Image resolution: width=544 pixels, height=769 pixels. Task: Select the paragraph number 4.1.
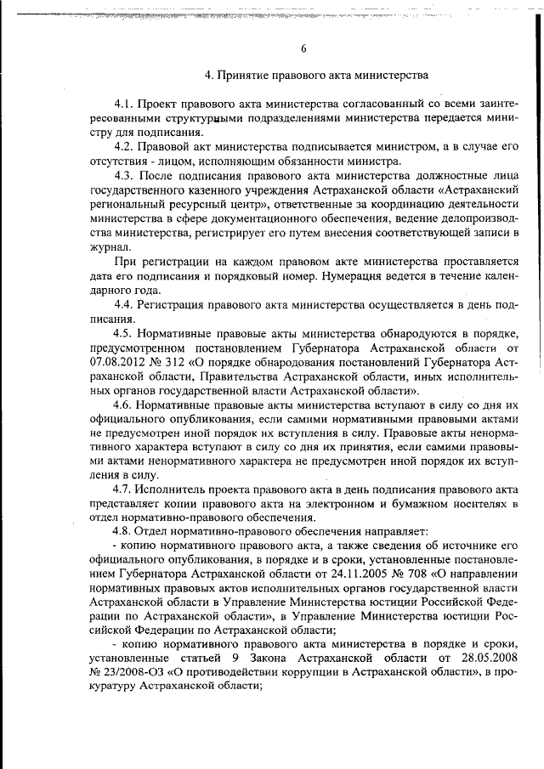125,103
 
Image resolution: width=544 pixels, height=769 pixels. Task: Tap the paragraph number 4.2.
125,146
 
